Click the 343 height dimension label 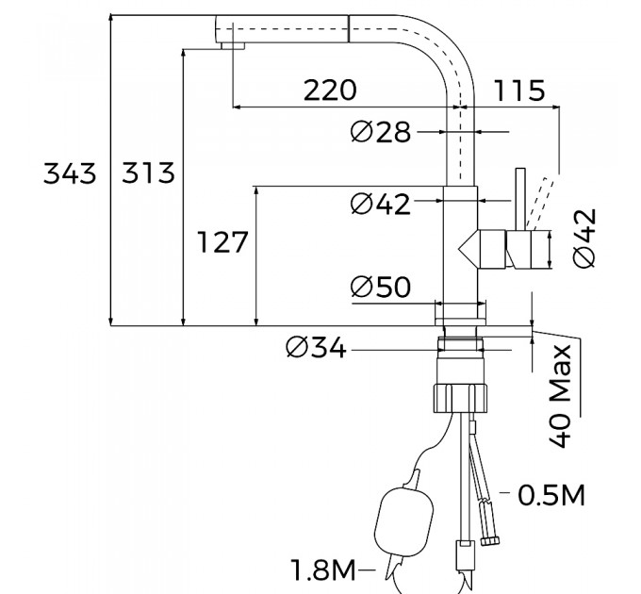(x=70, y=173)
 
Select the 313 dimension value (x=148, y=173)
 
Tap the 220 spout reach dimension (x=330, y=91)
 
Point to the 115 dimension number (x=519, y=91)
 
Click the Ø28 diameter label (x=381, y=132)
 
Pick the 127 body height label (x=222, y=241)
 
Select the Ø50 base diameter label (x=381, y=287)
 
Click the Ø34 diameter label (x=316, y=348)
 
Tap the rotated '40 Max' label (x=560, y=396)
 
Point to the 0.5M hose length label (x=551, y=495)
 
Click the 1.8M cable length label (x=323, y=569)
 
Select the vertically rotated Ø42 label (x=584, y=239)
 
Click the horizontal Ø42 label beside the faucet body (x=381, y=204)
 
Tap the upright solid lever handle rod (x=520, y=199)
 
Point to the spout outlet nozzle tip (x=233, y=46)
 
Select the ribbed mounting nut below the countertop (x=460, y=397)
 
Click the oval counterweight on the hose (x=403, y=520)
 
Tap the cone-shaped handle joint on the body (x=468, y=249)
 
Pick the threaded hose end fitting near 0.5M (x=490, y=541)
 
